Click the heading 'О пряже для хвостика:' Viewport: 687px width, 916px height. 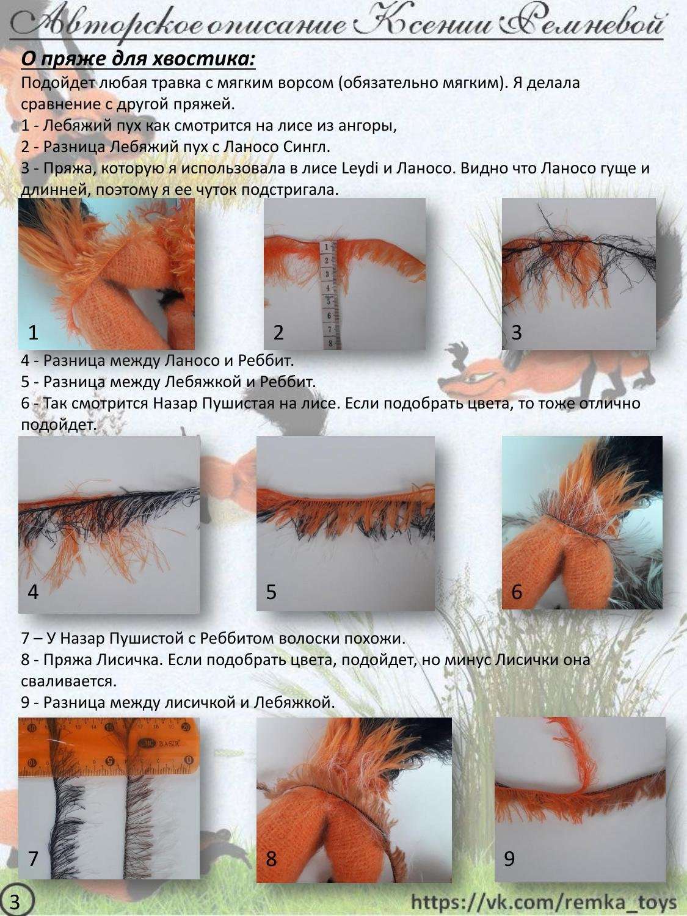pos(138,59)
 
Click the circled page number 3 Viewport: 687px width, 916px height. pos(15,901)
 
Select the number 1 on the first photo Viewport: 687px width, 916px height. pos(33,332)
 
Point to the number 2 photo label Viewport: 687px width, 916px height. pos(278,332)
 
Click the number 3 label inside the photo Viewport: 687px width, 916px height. pos(517,332)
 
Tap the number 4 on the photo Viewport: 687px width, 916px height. pos(33,591)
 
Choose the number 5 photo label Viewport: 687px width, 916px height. pos(271,591)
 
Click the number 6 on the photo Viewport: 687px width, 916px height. pos(517,591)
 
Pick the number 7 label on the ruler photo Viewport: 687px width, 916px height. pos(33,859)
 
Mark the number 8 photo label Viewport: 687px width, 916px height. pos(271,859)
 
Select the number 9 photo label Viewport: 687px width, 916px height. pos(509,859)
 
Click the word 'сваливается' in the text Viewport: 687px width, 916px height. pos(68,681)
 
